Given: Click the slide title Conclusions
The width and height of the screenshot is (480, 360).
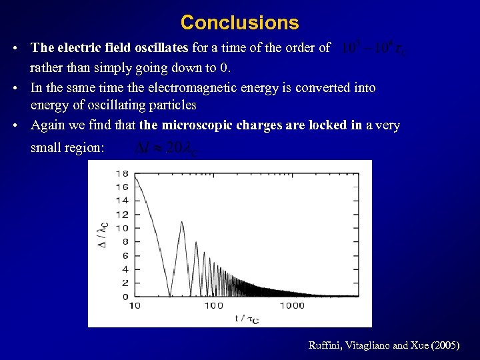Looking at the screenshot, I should click(x=239, y=23).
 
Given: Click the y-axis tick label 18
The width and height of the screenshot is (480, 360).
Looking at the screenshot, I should click(x=122, y=173).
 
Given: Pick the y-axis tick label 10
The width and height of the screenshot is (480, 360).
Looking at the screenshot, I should click(x=122, y=228).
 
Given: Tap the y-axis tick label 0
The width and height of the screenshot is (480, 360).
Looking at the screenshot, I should click(x=125, y=297).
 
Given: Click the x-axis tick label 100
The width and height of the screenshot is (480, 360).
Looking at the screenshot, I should click(x=213, y=306).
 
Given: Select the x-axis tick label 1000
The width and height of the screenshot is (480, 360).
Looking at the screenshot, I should click(x=291, y=306).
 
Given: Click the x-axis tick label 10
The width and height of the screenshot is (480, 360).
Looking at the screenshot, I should click(x=134, y=306).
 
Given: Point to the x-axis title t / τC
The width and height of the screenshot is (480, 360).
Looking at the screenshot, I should click(x=247, y=319).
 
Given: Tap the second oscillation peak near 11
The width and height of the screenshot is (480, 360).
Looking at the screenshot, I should click(x=181, y=223).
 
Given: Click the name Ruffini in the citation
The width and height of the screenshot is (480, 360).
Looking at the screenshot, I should click(x=325, y=345).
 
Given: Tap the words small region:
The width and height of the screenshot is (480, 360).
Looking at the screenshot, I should click(x=67, y=148).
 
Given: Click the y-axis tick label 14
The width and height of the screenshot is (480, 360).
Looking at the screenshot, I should click(x=122, y=201).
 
